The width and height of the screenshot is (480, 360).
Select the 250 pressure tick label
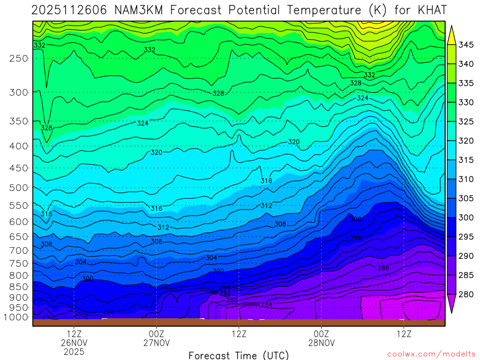[x=18, y=58]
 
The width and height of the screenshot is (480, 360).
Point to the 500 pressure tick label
[x=18, y=187]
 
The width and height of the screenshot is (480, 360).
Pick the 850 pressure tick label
[x=18, y=286]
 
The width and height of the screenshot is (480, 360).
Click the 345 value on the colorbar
[x=466, y=45]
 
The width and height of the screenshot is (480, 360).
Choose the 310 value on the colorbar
[x=466, y=179]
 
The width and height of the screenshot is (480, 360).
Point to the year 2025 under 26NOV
[x=74, y=351]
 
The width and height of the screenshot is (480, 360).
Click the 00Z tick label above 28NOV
[x=321, y=334]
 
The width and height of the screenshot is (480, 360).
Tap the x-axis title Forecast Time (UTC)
[x=239, y=355]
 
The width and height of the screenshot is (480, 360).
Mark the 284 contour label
[x=267, y=305]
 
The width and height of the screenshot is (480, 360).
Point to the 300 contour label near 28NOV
[x=356, y=219]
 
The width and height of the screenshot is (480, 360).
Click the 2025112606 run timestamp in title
[x=70, y=10]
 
